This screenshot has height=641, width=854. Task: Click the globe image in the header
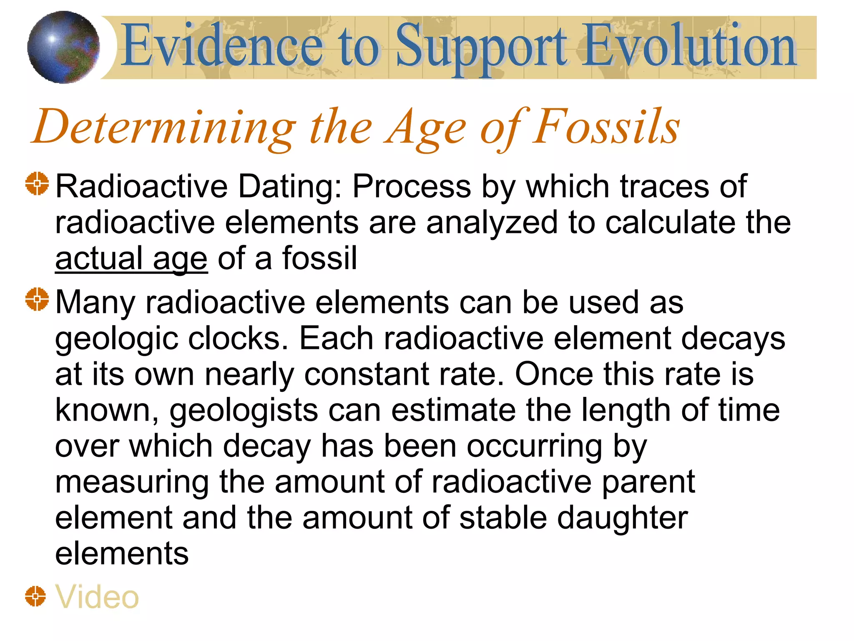[x=63, y=47]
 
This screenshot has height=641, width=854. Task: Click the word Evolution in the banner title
[x=690, y=46]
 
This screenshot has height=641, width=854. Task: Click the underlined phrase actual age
[x=131, y=259]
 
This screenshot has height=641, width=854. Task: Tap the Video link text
[x=97, y=597]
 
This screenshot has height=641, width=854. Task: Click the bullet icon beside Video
[x=35, y=596]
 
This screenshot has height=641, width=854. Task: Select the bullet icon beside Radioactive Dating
[x=37, y=183]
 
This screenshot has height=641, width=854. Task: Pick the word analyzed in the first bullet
[x=492, y=223]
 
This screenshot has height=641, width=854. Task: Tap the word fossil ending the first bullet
[x=319, y=259]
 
